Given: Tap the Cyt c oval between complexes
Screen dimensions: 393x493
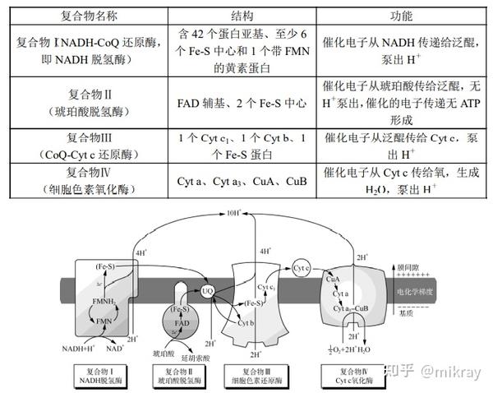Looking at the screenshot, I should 301,268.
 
